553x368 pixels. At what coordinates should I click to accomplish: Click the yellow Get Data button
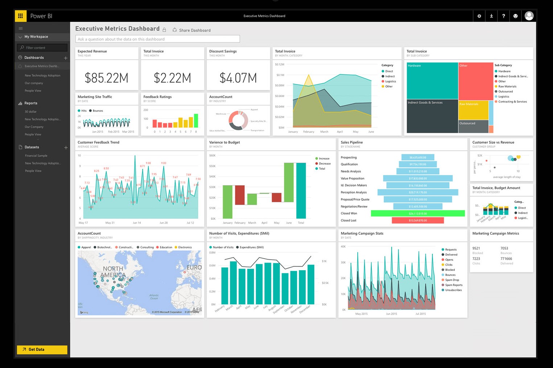tap(42, 350)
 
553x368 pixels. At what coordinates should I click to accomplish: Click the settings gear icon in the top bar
tap(479, 16)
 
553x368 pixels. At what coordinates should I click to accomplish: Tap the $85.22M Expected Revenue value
tap(106, 78)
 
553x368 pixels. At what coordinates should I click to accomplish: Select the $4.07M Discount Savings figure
tap(238, 78)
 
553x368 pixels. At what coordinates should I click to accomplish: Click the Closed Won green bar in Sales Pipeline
tap(417, 213)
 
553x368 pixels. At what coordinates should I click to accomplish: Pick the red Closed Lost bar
tap(417, 220)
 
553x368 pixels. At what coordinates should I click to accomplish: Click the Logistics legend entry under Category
tap(390, 81)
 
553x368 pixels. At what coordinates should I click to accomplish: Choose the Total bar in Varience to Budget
tap(301, 191)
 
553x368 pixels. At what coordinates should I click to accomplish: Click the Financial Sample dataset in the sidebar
tap(36, 156)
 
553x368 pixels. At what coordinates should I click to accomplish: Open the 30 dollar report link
tap(31, 112)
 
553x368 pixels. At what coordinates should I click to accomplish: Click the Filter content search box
tap(42, 47)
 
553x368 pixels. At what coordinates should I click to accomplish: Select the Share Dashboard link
tap(195, 30)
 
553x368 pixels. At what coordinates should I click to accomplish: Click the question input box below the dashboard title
tap(158, 39)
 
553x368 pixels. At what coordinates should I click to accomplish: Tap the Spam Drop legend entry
tap(452, 280)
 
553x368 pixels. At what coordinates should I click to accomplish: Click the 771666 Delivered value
tap(506, 259)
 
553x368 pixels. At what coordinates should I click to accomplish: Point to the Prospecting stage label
tap(349, 158)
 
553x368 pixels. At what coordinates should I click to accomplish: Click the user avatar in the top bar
tap(529, 16)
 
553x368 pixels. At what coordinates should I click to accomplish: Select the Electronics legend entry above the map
tap(185, 247)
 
